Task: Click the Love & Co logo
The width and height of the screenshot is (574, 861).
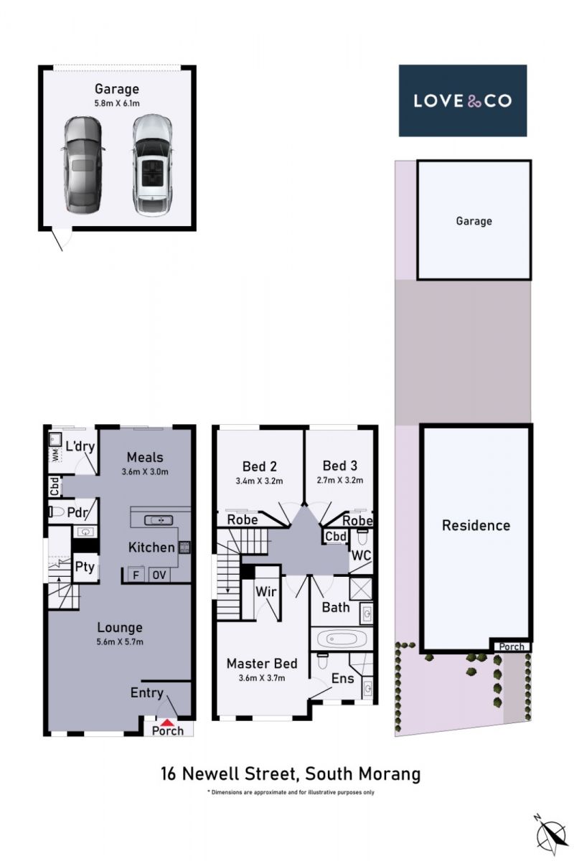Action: pyautogui.click(x=463, y=100)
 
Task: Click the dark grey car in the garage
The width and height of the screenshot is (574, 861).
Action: pyautogui.click(x=83, y=165)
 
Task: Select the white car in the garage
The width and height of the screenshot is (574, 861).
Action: pyautogui.click(x=151, y=165)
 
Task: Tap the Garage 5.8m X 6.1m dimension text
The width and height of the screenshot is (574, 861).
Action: pyautogui.click(x=117, y=103)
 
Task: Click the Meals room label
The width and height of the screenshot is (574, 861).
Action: pyautogui.click(x=145, y=458)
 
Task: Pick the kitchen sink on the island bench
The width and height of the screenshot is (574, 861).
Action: pyautogui.click(x=159, y=520)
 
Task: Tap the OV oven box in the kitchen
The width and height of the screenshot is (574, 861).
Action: pyautogui.click(x=159, y=575)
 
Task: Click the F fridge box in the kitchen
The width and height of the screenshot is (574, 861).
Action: pyautogui.click(x=136, y=575)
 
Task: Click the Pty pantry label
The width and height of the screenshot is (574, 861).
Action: pyautogui.click(x=85, y=567)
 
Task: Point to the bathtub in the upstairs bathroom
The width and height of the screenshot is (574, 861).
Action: pyautogui.click(x=341, y=639)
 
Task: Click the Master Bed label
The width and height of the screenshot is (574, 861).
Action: pyautogui.click(x=262, y=664)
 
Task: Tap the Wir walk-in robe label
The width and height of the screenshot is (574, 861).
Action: pyautogui.click(x=266, y=591)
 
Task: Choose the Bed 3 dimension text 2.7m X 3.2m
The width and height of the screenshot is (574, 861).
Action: pyautogui.click(x=340, y=480)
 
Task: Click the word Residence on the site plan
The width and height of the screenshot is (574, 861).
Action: pyautogui.click(x=476, y=525)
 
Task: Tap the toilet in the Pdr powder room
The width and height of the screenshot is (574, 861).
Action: pyautogui.click(x=56, y=512)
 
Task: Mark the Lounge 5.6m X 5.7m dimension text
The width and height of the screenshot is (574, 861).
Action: pyautogui.click(x=120, y=641)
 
